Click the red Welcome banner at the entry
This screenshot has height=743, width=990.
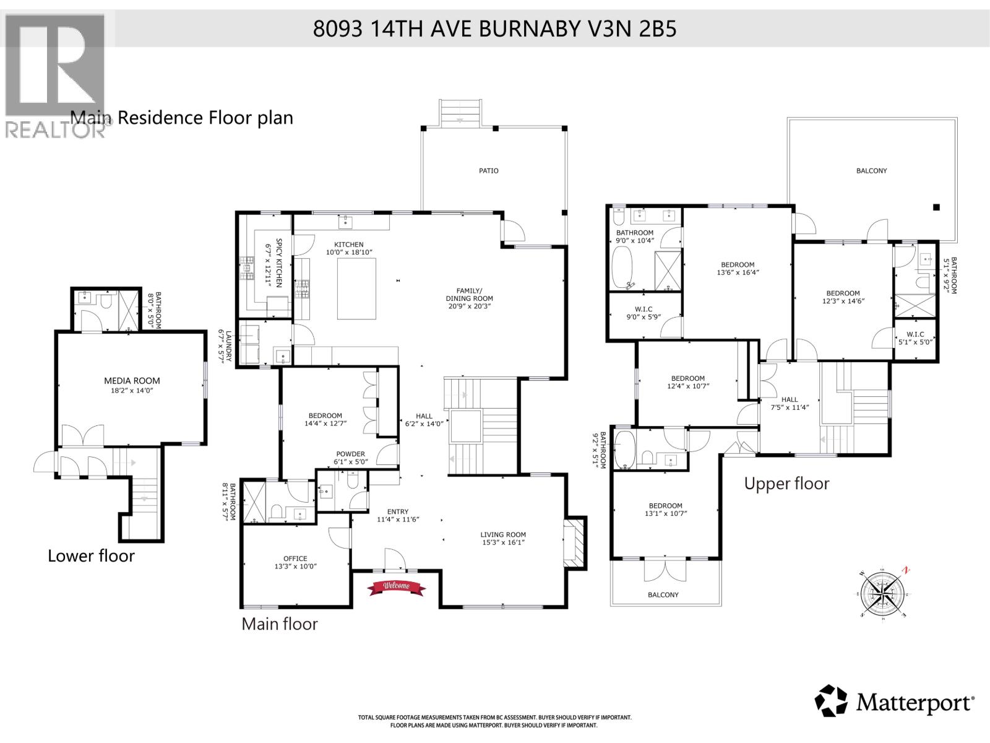tap(396, 587)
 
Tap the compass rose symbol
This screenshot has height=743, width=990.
tap(885, 592)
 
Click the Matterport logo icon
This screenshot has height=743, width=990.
tap(831, 701)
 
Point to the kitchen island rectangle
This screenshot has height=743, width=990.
tap(356, 289)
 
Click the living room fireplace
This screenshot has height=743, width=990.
tap(575, 542)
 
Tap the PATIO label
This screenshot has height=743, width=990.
tap(488, 171)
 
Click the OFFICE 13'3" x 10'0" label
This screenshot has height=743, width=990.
tap(295, 562)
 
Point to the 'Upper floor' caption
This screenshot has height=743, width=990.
tap(786, 484)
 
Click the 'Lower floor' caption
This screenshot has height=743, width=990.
tap(91, 556)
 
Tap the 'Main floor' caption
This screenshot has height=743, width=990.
tap(279, 624)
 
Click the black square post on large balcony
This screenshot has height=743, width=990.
tap(936, 207)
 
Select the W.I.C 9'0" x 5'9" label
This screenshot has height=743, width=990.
tap(643, 313)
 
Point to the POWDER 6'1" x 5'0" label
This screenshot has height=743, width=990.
tap(350, 458)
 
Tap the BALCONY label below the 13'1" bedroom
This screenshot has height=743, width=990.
tap(663, 595)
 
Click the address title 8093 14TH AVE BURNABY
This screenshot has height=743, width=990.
tap(494, 28)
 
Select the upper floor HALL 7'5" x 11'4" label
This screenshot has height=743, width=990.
tap(790, 403)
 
